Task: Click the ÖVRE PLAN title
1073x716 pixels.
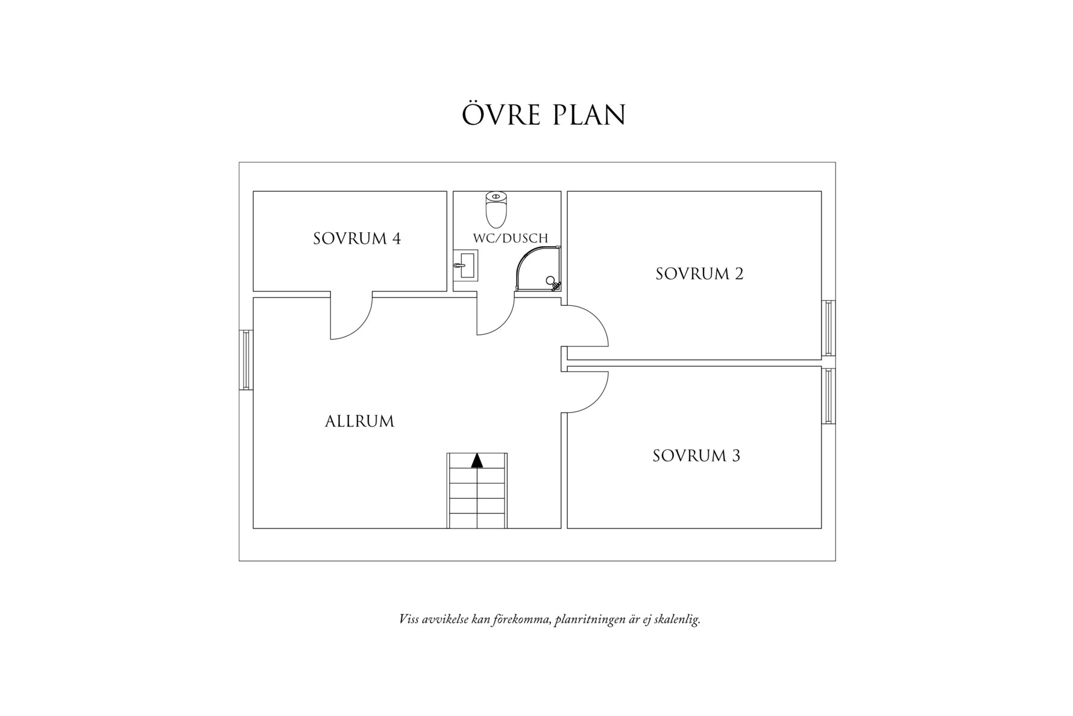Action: pos(544,115)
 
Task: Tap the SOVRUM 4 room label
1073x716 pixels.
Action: pos(357,239)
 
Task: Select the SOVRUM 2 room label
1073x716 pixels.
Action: pos(699,274)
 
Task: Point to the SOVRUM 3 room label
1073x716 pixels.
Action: pos(696,455)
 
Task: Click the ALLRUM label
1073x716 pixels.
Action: pos(359,421)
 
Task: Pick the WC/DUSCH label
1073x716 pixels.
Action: pos(511,238)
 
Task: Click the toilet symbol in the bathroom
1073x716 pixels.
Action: pos(496,209)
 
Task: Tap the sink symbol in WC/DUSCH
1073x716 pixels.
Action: pos(466,265)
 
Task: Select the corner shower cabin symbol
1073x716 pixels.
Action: pos(538,270)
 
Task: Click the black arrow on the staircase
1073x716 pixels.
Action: pos(477,461)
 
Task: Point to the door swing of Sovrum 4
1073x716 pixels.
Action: pos(353,320)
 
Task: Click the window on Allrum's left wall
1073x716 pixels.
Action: pos(246,360)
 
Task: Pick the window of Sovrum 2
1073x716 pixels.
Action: pos(828,328)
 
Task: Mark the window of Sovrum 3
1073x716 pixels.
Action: pos(828,396)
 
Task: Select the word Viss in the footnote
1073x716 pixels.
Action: pos(408,619)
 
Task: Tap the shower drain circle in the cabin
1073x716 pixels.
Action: pos(550,280)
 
